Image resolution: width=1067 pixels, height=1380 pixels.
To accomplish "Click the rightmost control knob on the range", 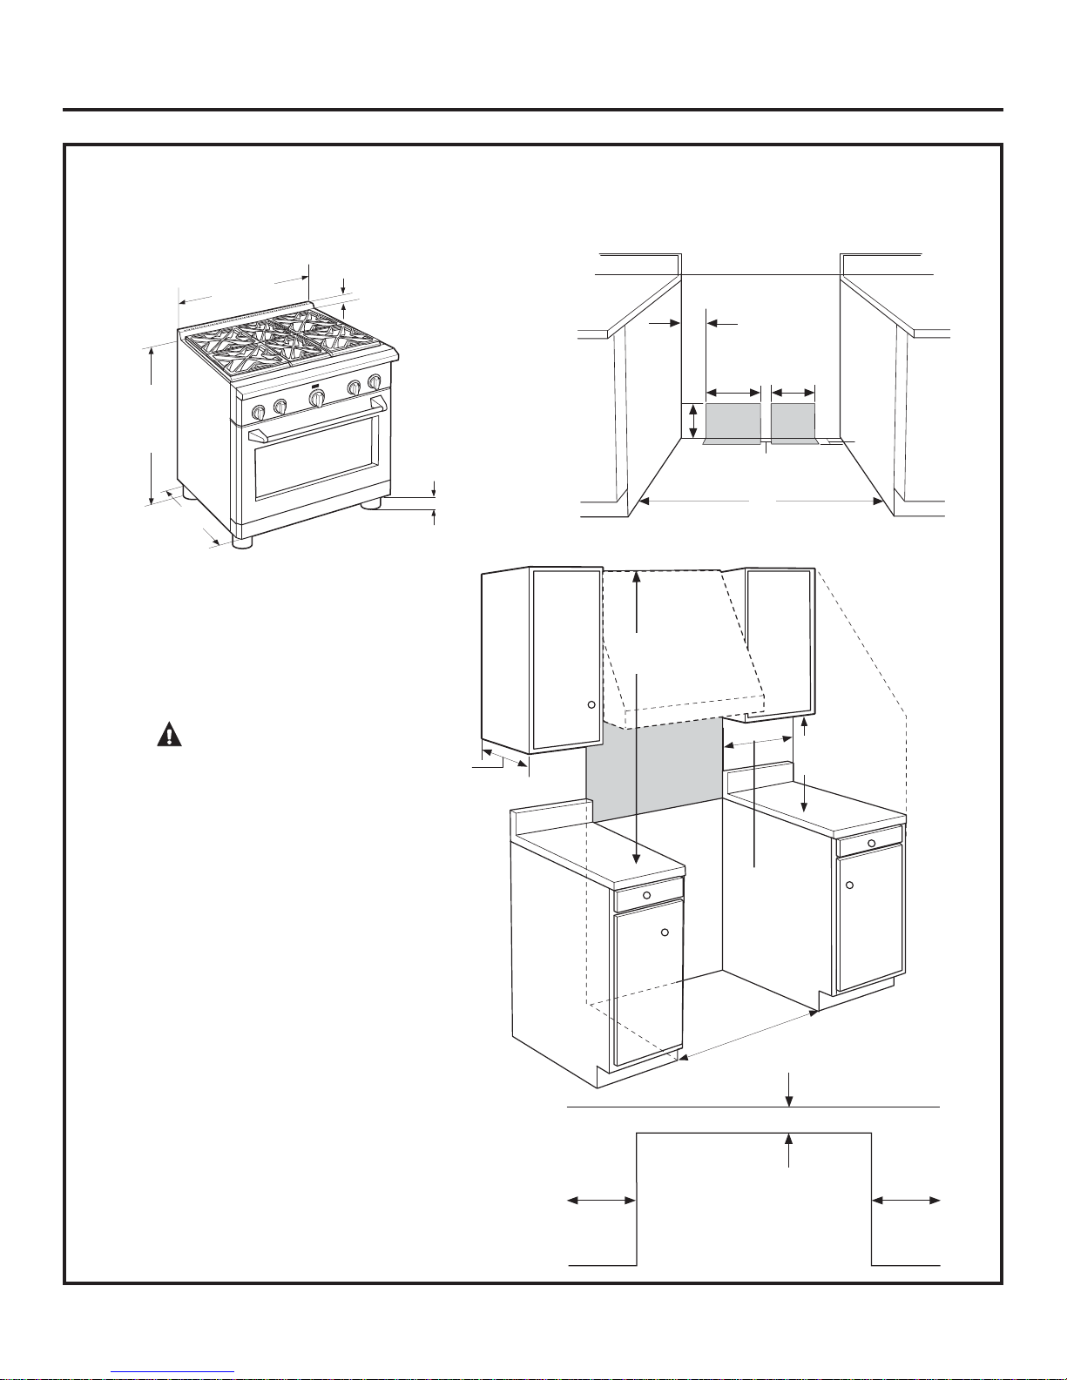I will click(375, 380).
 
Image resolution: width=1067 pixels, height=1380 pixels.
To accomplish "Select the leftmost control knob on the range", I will click(259, 413).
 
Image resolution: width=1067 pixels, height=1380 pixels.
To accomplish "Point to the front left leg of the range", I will click(243, 542).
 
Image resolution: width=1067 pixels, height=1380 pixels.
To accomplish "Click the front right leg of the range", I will click(372, 503).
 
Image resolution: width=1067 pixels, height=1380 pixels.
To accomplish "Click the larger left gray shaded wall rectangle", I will click(733, 422).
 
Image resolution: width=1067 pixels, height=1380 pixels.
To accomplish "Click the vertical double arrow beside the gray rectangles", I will click(692, 421).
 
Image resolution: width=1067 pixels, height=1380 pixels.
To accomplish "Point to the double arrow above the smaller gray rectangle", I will click(793, 391).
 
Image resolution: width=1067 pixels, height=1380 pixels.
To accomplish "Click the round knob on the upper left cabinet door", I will click(591, 704).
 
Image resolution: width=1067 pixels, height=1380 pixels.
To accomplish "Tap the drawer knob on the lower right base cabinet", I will click(871, 842).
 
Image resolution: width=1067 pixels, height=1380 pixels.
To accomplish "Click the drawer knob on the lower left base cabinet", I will click(646, 896).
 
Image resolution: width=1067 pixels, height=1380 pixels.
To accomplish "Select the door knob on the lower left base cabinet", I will click(665, 932).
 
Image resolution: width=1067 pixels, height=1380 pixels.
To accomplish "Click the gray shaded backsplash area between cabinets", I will click(653, 775).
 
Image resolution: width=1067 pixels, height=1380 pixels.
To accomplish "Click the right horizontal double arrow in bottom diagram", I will click(906, 1201).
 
